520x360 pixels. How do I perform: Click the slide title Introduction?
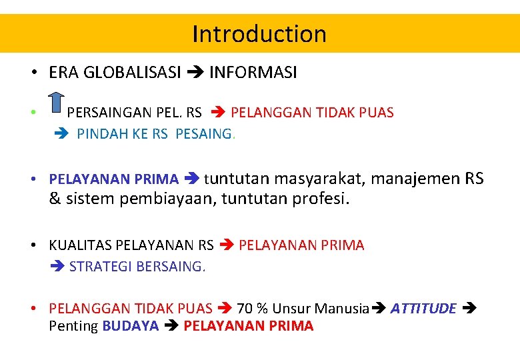(x=259, y=33)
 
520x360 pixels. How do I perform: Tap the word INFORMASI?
(x=253, y=73)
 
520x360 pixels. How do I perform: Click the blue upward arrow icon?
(x=57, y=106)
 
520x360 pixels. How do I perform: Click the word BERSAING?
(x=171, y=266)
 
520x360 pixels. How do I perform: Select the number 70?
(x=245, y=308)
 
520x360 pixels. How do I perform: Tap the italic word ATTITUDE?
(x=423, y=308)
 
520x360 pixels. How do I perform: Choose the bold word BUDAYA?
(x=131, y=326)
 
